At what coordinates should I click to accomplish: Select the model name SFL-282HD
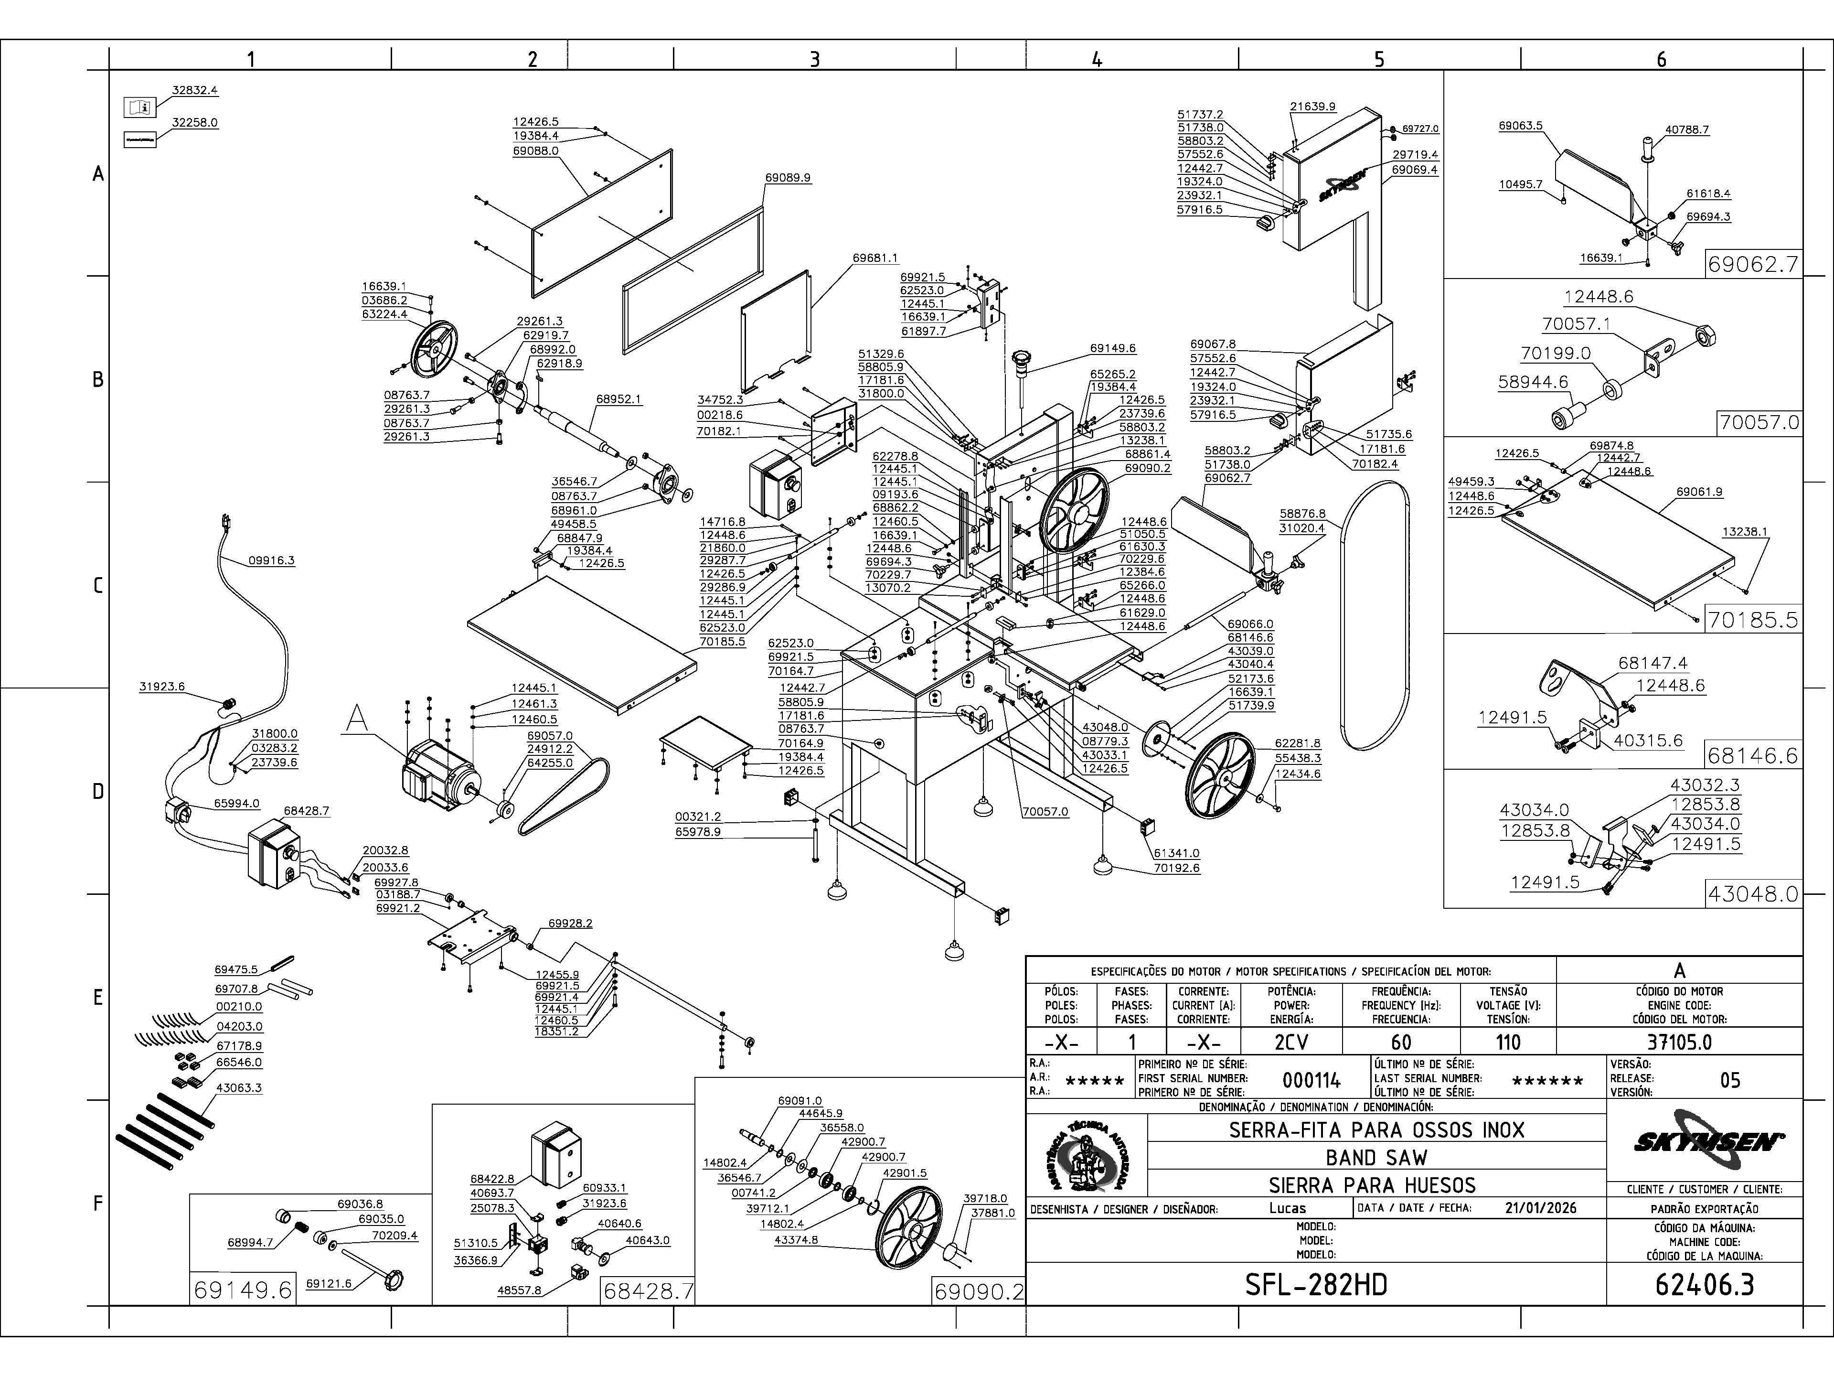click(x=1316, y=1285)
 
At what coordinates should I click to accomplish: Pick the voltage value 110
click(x=1507, y=1042)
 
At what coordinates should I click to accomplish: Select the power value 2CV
click(x=1291, y=1042)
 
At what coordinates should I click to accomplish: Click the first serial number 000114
click(x=1311, y=1080)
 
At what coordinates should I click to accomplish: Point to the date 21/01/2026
click(x=1540, y=1208)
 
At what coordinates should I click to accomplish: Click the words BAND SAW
click(x=1376, y=1157)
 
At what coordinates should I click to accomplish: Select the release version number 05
click(x=1729, y=1080)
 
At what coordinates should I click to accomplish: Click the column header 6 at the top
click(x=1661, y=59)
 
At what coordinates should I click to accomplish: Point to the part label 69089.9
click(x=788, y=178)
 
